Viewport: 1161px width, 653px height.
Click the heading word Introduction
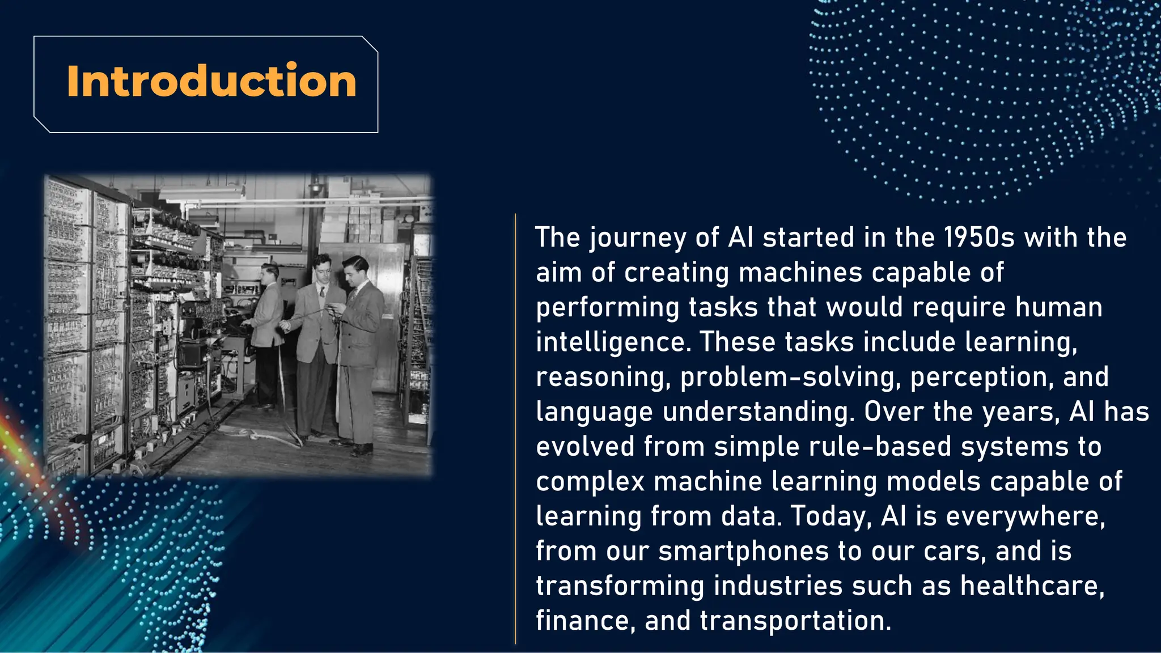point(211,82)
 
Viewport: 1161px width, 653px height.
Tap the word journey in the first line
point(638,238)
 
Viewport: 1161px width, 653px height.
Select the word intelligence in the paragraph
point(613,342)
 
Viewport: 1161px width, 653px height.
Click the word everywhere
point(1026,516)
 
